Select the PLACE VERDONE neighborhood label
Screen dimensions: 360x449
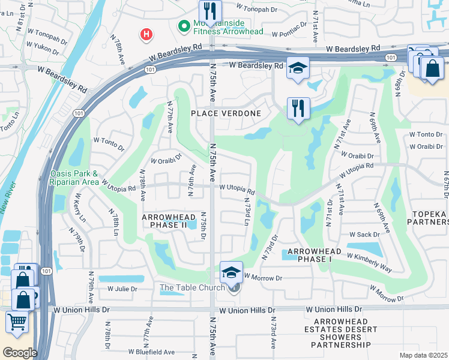click(226, 113)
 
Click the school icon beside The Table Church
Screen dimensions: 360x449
click(231, 272)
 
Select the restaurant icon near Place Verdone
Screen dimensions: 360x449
click(298, 109)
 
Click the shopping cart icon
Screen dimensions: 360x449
click(17, 321)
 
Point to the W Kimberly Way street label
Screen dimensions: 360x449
click(370, 262)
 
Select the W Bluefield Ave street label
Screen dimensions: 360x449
click(151, 352)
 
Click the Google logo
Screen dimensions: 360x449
click(20, 352)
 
